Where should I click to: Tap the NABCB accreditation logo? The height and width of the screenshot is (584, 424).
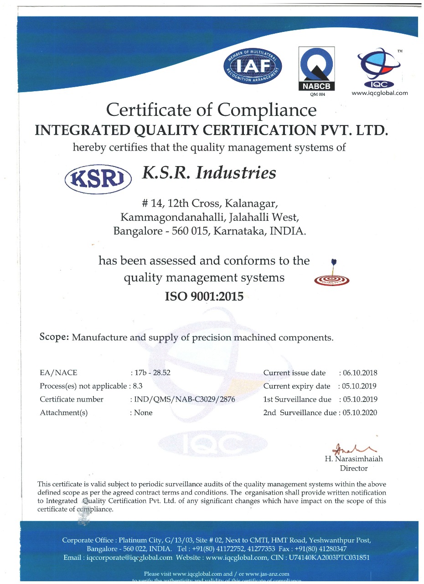(316, 69)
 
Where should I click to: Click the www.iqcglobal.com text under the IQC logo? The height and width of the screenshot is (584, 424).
(380, 93)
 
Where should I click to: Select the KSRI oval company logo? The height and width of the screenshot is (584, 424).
(98, 179)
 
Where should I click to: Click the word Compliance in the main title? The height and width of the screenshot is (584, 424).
(267, 110)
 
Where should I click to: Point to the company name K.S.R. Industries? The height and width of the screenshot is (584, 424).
(209, 173)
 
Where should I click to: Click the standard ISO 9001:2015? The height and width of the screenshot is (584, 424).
(204, 297)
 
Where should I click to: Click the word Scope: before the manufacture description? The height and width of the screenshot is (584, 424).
(54, 338)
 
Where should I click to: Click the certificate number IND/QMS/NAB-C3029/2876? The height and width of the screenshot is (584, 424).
(185, 399)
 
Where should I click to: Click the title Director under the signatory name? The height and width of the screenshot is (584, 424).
(353, 468)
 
